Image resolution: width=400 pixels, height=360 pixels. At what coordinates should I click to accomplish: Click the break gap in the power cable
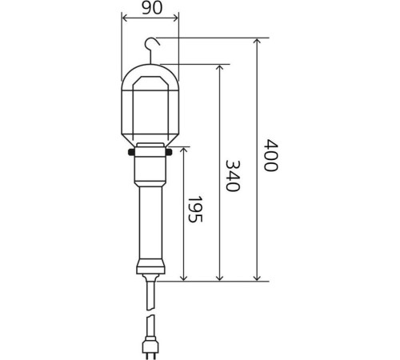(x=150, y=312)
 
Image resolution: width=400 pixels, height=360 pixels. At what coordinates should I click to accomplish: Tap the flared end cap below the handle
(x=150, y=269)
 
